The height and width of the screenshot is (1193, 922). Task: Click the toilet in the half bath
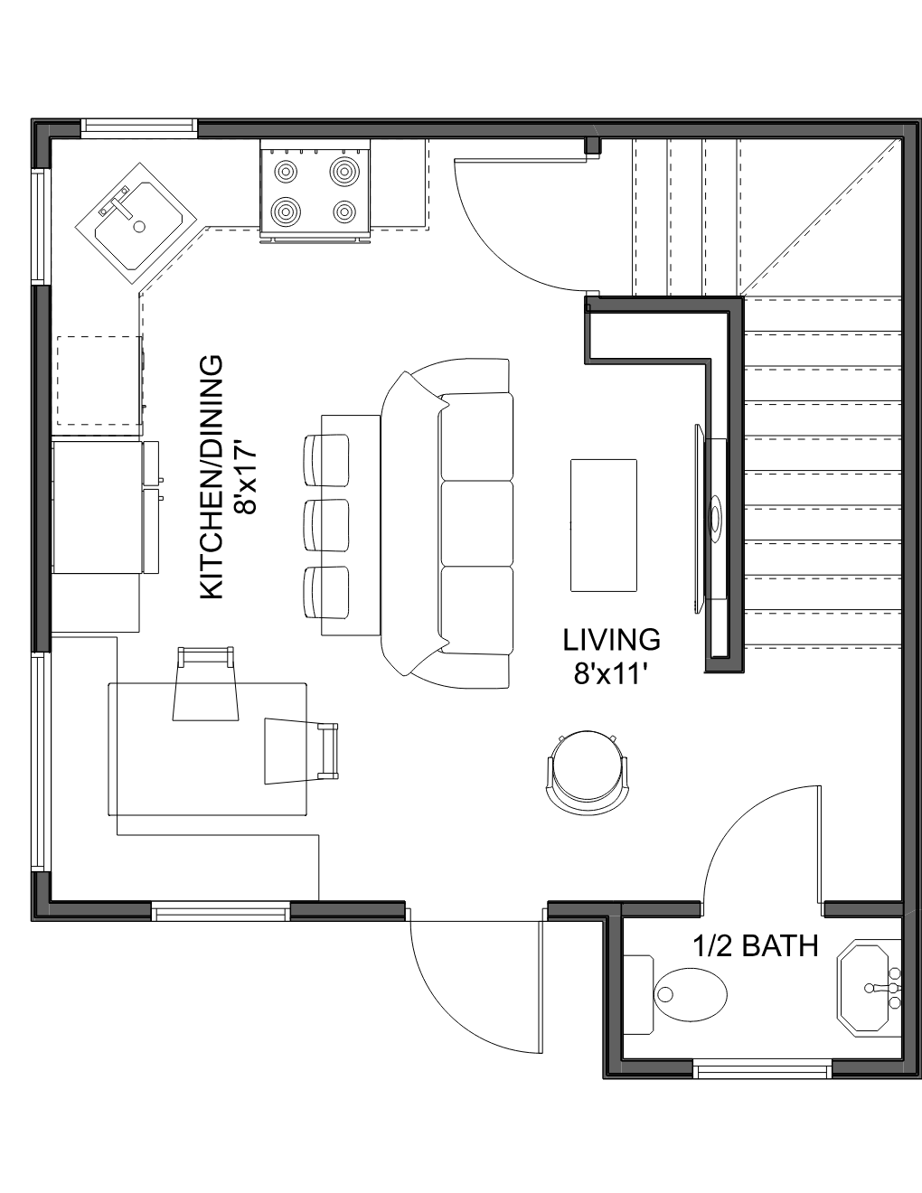point(681,994)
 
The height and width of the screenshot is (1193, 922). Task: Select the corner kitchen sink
point(136,223)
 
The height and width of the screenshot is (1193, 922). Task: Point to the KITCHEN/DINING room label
point(212,477)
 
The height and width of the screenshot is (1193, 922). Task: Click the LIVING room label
point(611,640)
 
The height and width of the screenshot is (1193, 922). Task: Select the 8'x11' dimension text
point(608,673)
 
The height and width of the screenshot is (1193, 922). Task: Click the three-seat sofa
point(447,524)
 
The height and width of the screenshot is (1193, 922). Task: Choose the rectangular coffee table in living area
point(604,525)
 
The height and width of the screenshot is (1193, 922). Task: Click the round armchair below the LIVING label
point(586,768)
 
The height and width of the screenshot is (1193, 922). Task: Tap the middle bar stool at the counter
point(326,525)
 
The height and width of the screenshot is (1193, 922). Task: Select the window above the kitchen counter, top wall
point(139,127)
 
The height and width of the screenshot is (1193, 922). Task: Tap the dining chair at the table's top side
point(206,683)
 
